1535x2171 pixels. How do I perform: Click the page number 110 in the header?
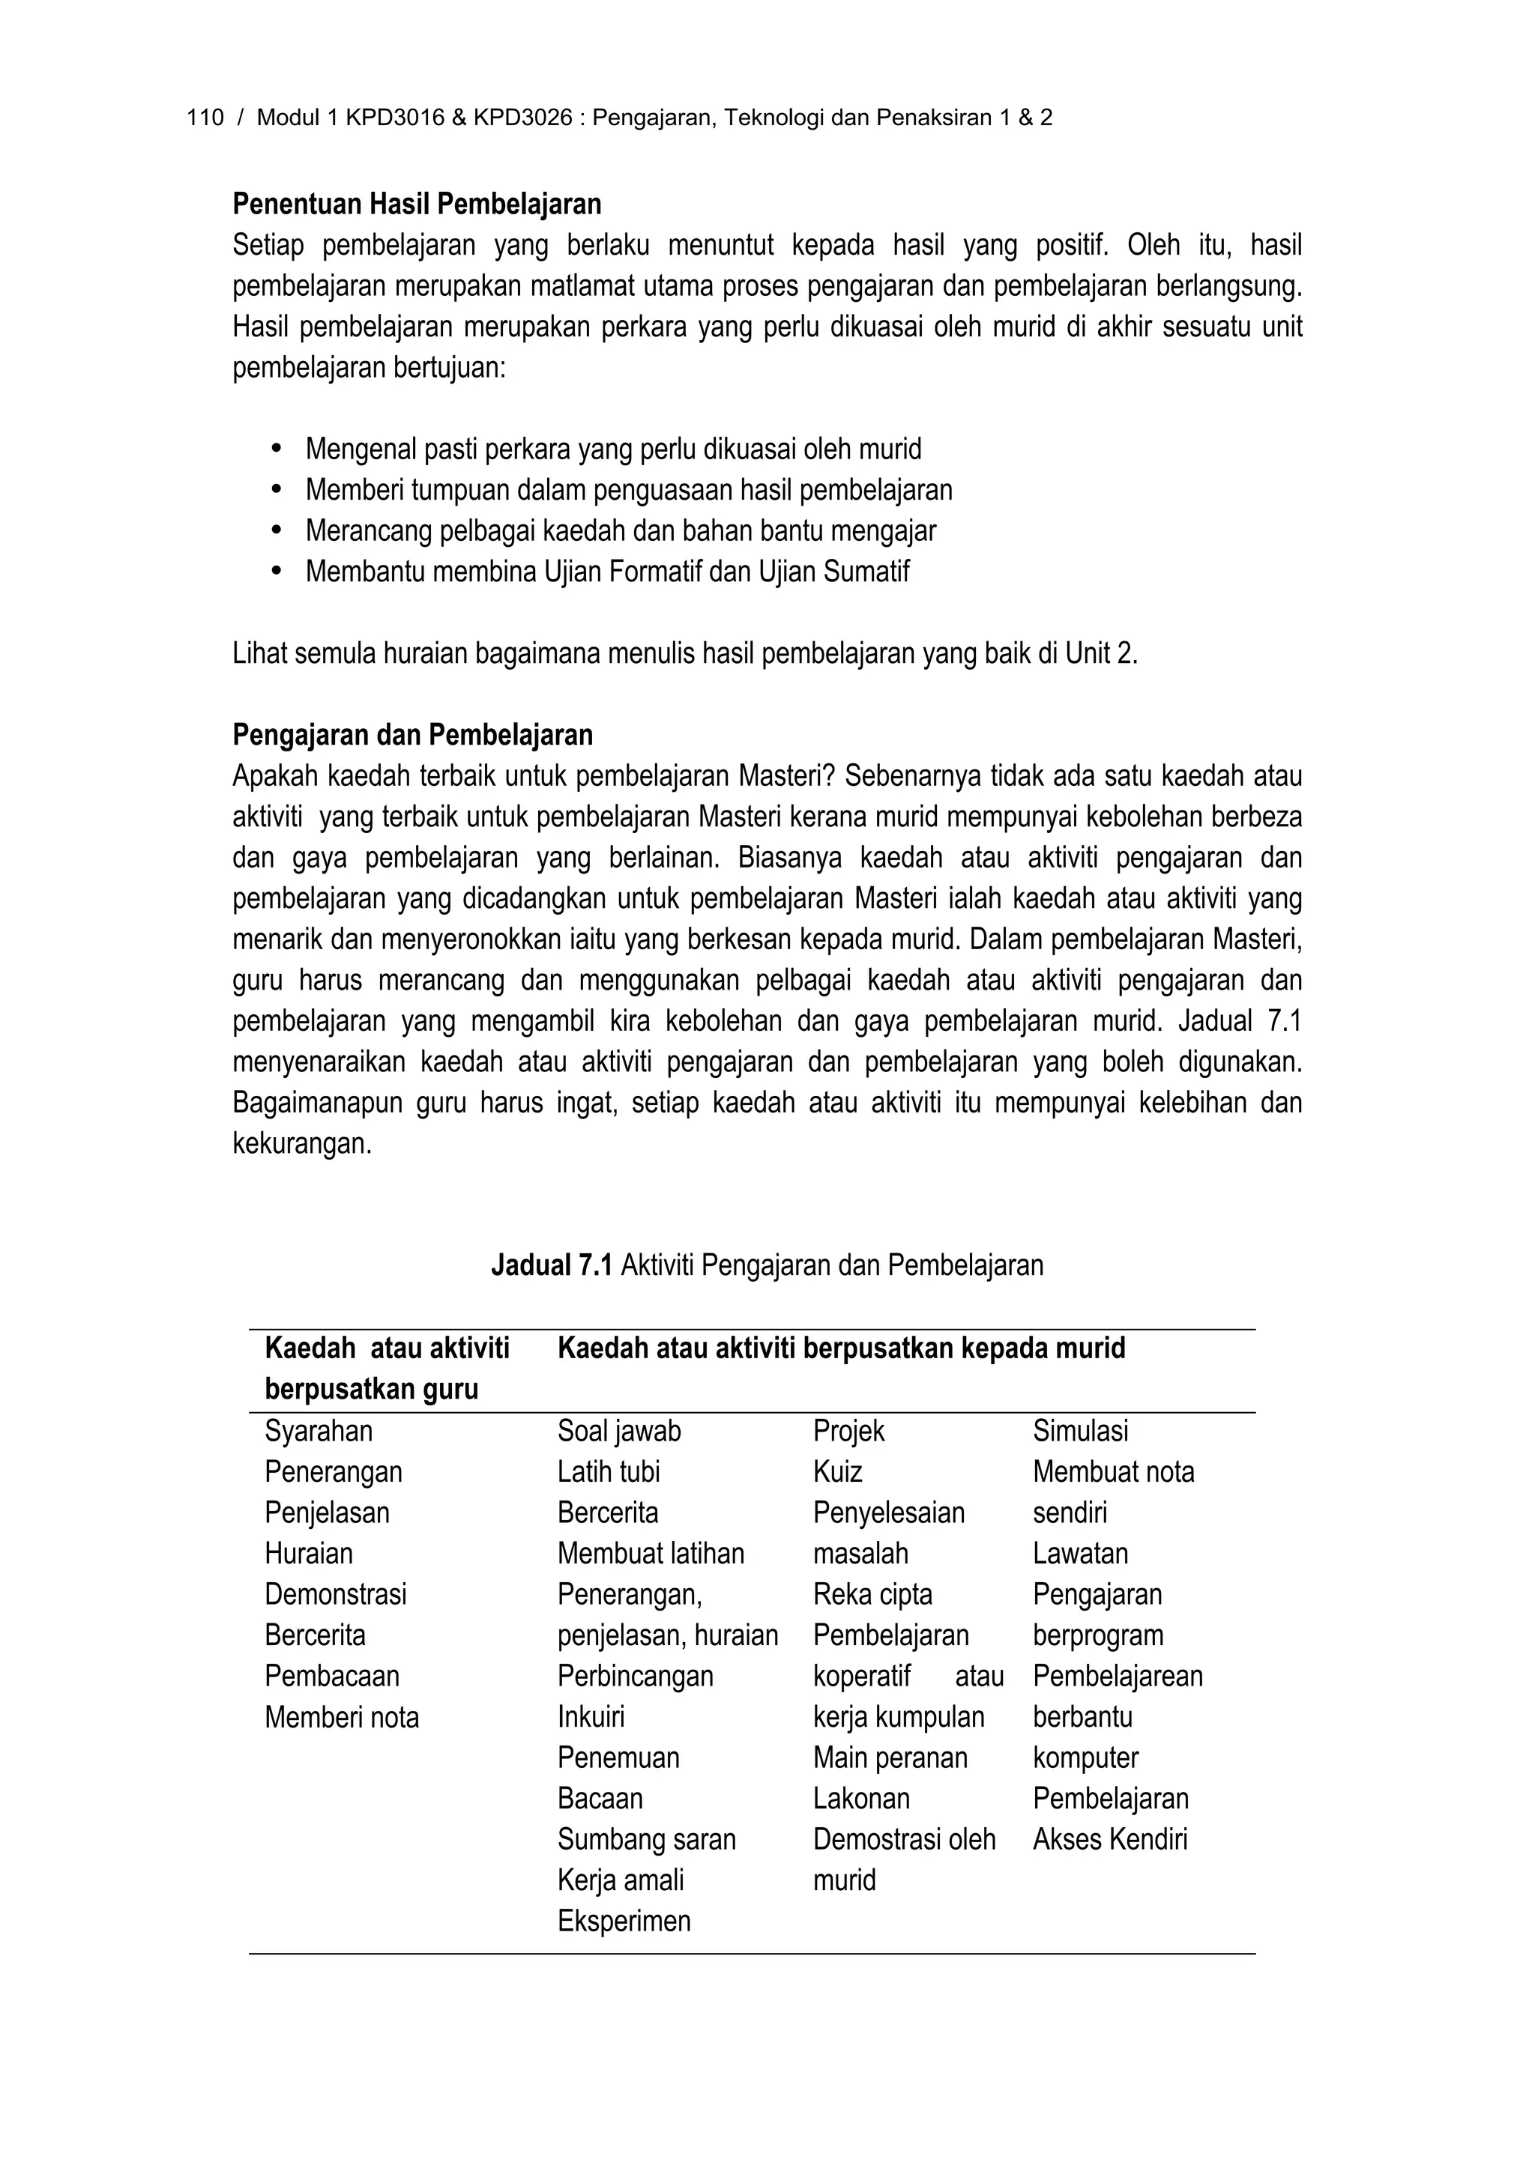pos(205,118)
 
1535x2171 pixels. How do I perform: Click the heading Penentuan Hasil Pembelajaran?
pos(417,205)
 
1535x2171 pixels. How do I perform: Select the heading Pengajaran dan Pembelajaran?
pos(412,735)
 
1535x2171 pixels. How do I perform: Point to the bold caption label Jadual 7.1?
pos(552,1265)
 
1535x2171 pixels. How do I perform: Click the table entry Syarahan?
pos(319,1431)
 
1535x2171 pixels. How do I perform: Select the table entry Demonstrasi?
pos(336,1594)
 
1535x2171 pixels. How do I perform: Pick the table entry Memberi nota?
pos(342,1716)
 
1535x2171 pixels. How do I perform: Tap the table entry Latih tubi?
pos(608,1471)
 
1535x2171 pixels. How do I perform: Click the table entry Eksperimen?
pos(624,1921)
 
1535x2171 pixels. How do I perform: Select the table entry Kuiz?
pos(837,1471)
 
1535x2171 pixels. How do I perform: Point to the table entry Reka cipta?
pos(872,1594)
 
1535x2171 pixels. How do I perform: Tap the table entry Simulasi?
pos(1080,1431)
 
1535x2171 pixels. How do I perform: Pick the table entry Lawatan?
pos(1080,1554)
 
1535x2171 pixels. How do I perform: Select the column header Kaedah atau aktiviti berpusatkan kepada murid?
pos(841,1348)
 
